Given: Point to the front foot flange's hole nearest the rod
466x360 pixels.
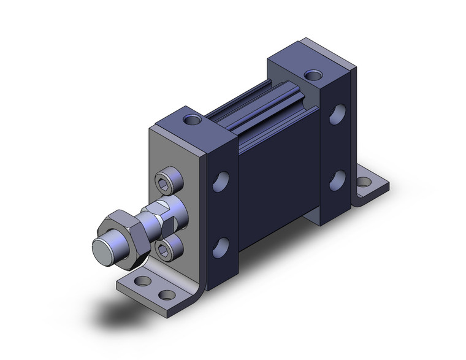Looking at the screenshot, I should click(x=143, y=281).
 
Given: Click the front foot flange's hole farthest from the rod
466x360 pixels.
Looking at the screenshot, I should click(x=166, y=294).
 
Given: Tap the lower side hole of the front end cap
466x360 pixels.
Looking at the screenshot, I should click(x=221, y=247).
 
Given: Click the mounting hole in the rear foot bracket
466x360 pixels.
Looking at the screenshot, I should click(x=364, y=182).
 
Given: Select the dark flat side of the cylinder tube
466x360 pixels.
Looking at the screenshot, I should click(x=276, y=178).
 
